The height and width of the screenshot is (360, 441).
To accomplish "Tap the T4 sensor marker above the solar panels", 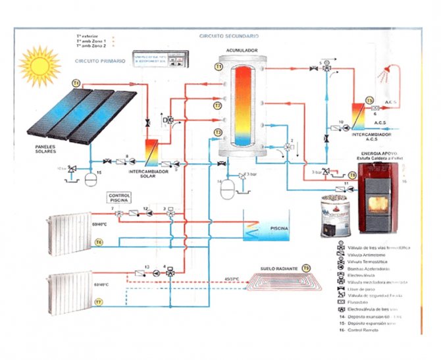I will pos(76,84).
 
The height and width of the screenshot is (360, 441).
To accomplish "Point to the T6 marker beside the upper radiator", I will pos(99,243).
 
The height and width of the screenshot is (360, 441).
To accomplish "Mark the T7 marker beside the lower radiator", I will pos(98,301).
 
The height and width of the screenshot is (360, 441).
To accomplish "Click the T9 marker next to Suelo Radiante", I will pos(305,269).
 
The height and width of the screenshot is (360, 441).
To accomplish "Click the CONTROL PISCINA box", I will pos(120,197).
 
